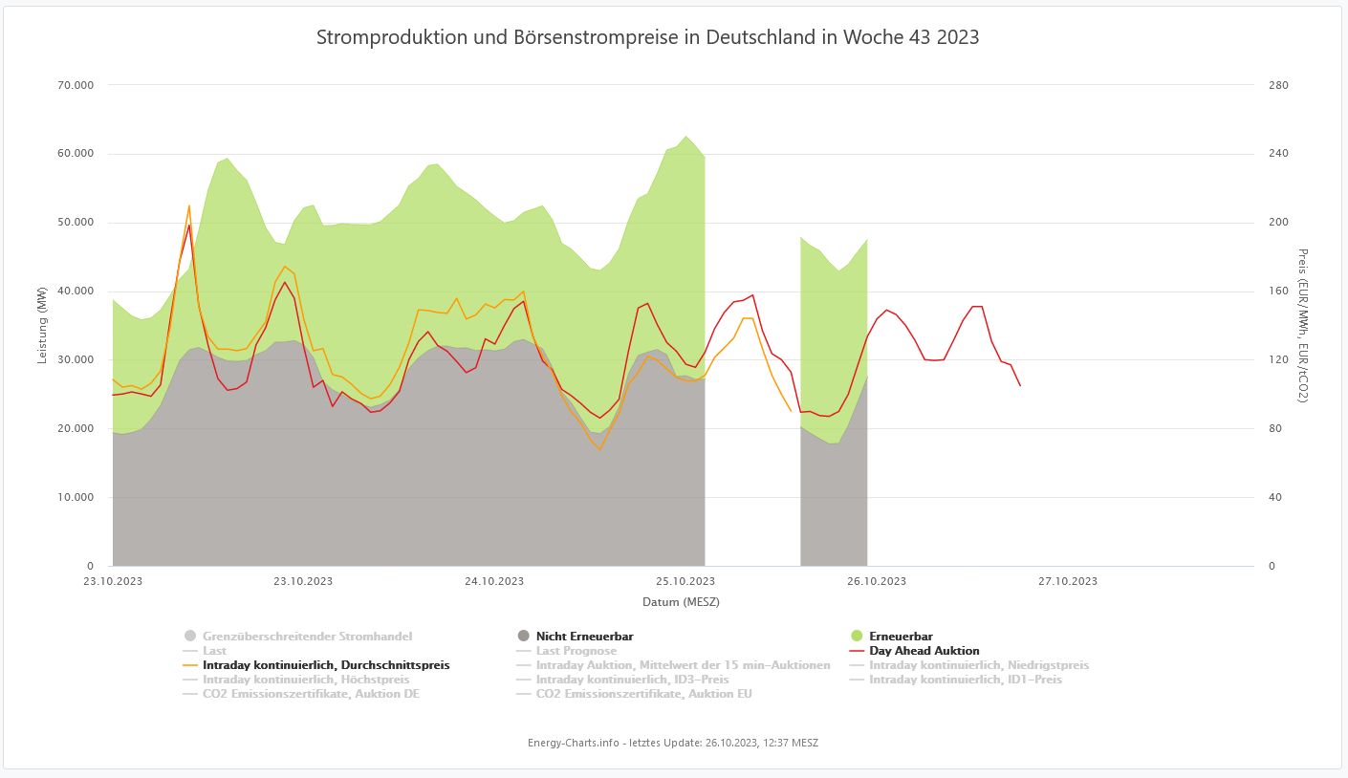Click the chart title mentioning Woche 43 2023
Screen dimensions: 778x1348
[x=647, y=37]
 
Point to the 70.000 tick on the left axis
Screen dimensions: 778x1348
[x=76, y=85]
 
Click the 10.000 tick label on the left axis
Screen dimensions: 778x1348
[x=76, y=498]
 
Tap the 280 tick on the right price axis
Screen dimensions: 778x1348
[x=1277, y=85]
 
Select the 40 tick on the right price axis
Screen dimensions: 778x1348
[x=1273, y=498]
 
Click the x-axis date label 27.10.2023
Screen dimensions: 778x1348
[x=1068, y=581]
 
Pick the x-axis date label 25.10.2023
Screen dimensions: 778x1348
[x=685, y=581]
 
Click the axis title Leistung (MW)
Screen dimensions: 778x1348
[x=42, y=325]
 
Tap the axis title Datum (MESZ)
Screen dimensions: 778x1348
[x=681, y=602]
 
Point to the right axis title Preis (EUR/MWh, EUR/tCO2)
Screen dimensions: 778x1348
[x=1303, y=325]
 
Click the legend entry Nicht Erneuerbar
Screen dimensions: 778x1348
[x=584, y=637]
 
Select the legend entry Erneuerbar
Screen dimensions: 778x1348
[x=901, y=637]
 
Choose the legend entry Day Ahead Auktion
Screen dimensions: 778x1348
[x=924, y=651]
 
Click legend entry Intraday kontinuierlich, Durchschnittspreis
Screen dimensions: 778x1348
[x=325, y=665]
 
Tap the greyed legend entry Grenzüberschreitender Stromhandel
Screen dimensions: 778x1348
[x=307, y=637]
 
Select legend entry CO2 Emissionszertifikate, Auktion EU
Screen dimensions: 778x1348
[x=643, y=694]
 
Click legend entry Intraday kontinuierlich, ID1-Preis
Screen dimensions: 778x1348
[x=965, y=680]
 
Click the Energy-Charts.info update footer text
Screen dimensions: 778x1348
[x=673, y=743]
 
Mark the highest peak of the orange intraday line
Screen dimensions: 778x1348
[x=189, y=205]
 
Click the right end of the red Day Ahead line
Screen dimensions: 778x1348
[x=1020, y=386]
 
